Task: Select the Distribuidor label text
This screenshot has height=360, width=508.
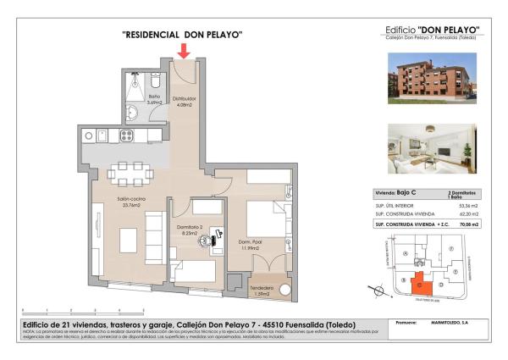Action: (185, 99)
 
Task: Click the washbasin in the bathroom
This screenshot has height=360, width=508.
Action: (133, 114)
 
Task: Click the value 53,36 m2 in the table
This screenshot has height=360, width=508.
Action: (467, 206)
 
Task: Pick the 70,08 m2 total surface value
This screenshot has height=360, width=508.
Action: (467, 225)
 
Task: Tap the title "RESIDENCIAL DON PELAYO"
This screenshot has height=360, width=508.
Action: (183, 35)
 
